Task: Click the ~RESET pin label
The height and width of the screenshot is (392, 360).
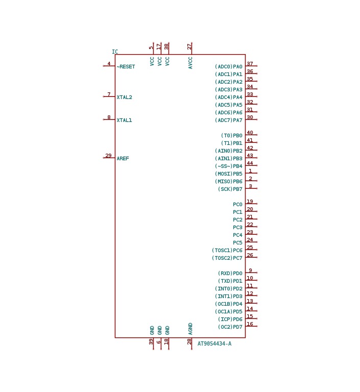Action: point(126,67)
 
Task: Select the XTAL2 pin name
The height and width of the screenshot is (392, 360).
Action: point(124,97)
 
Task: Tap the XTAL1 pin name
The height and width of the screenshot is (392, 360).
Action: point(124,120)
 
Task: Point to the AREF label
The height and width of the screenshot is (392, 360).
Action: point(123,159)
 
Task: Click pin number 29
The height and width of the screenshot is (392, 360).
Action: point(108,156)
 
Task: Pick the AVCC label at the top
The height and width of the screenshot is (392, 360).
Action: point(190,63)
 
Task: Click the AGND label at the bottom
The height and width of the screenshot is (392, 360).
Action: point(190,329)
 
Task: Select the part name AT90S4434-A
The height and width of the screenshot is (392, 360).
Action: point(214,344)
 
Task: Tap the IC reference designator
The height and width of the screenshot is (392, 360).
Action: point(115,52)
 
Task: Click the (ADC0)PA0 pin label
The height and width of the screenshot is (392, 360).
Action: point(229,67)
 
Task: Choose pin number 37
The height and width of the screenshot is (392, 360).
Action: point(250,64)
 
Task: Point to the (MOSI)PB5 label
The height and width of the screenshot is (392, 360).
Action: point(229,174)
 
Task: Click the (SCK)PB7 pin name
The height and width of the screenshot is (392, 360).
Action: point(230,189)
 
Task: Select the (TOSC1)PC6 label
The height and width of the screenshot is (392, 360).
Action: point(227,251)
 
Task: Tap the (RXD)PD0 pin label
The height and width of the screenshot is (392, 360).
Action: point(230,274)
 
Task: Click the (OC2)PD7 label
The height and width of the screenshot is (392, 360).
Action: point(230,327)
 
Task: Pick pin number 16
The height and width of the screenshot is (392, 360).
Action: point(250,324)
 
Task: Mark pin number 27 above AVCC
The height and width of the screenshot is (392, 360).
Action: point(189,46)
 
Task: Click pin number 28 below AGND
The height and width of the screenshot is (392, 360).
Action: point(189,342)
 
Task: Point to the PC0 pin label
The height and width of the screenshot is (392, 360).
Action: point(237,205)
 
